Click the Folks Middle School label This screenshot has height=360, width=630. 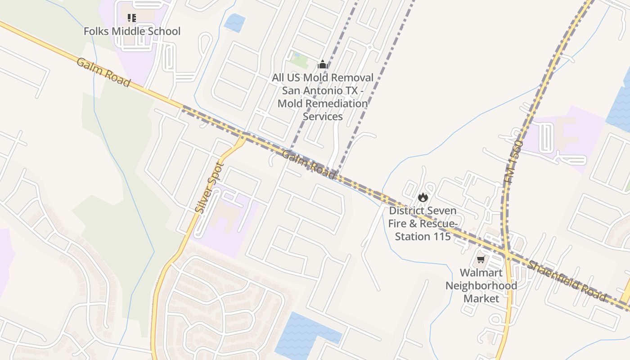click(x=132, y=31)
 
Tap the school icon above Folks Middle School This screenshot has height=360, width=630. click(x=131, y=18)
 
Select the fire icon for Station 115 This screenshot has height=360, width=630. click(x=423, y=197)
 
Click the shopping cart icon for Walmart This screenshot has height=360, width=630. click(x=481, y=260)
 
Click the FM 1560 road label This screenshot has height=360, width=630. click(x=513, y=162)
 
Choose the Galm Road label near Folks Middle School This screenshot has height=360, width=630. click(x=103, y=72)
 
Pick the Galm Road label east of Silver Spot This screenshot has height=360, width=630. click(x=309, y=165)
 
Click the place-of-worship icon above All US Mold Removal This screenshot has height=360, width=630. click(x=322, y=65)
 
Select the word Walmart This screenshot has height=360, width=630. click(x=481, y=273)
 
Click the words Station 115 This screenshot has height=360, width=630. click(x=423, y=236)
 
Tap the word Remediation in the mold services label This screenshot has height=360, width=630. click(x=323, y=103)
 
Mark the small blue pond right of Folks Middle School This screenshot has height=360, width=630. click(x=235, y=22)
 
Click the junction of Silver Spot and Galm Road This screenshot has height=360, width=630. click(x=243, y=136)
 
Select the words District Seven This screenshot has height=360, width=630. click(x=423, y=211)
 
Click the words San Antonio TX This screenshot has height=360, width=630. click(x=320, y=90)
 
